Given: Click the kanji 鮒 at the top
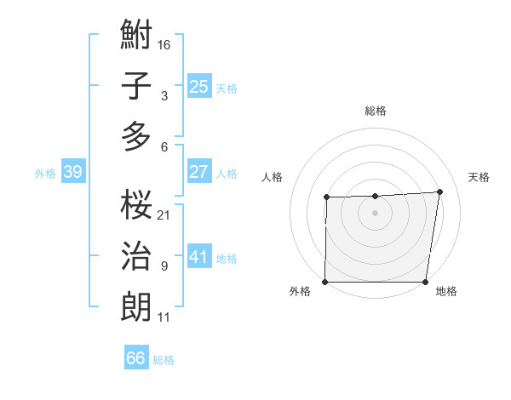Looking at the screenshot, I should pyautogui.click(x=136, y=36).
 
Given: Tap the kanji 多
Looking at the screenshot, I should pyautogui.click(x=136, y=136).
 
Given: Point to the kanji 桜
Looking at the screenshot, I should pyautogui.click(x=136, y=205).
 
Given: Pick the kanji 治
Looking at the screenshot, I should pyautogui.click(x=136, y=256).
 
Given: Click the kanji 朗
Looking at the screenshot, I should pyautogui.click(x=136, y=306).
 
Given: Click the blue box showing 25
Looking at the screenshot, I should pyautogui.click(x=198, y=87).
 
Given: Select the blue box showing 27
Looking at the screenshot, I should pyautogui.click(x=198, y=172).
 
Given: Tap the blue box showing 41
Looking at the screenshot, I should pyautogui.click(x=198, y=257).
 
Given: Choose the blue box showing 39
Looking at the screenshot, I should pyautogui.click(x=72, y=173).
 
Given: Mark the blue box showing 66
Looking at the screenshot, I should pyautogui.click(x=136, y=358).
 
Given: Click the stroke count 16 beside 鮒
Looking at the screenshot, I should pyautogui.click(x=164, y=44).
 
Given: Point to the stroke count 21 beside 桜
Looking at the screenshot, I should pyautogui.click(x=164, y=215).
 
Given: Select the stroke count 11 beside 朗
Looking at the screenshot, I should pyautogui.click(x=164, y=317).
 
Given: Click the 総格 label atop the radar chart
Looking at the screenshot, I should pyautogui.click(x=376, y=111).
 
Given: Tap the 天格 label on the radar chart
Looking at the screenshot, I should pyautogui.click(x=479, y=177).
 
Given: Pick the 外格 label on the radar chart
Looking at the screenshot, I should pyautogui.click(x=300, y=292).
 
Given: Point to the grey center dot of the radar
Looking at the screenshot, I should pyautogui.click(x=375, y=212).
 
